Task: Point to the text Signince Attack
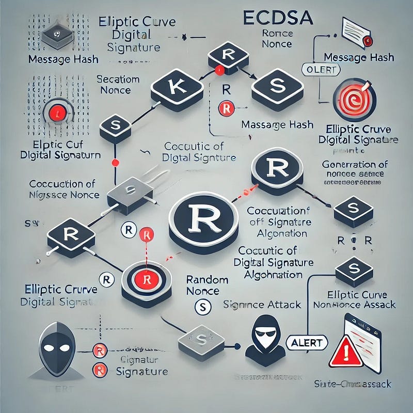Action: tap(262, 305)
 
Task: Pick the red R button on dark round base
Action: tap(146, 279)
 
